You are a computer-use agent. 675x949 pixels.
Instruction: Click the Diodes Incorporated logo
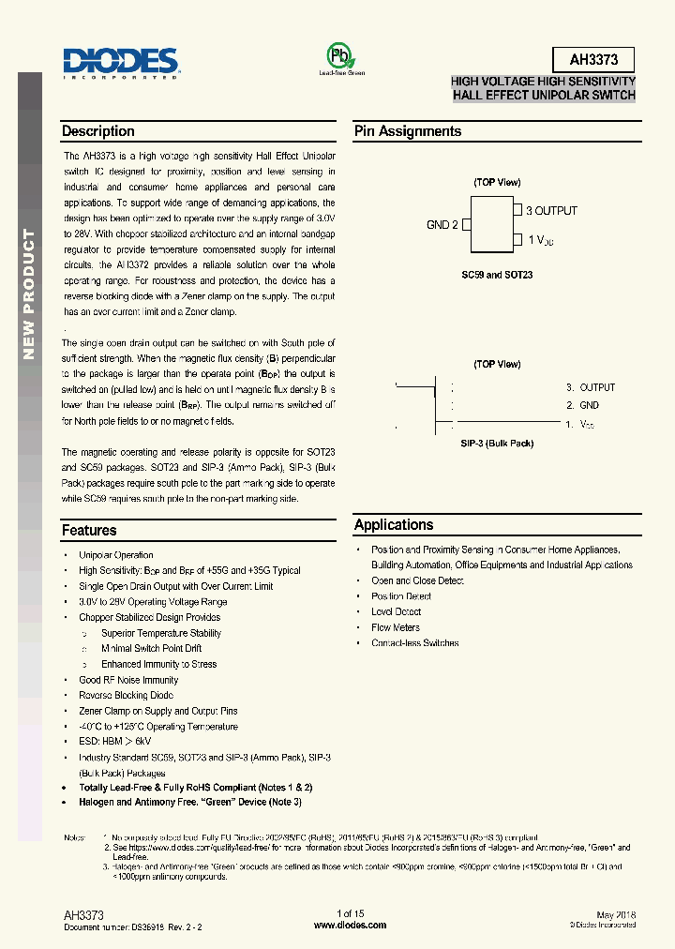pos(120,63)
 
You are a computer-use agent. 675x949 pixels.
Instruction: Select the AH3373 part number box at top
pos(593,60)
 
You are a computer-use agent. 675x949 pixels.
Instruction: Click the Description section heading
pos(98,131)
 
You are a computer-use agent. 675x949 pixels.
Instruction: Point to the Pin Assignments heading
pos(407,131)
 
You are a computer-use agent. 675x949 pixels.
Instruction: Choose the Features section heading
pos(89,531)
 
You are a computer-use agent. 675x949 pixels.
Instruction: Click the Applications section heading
pos(394,525)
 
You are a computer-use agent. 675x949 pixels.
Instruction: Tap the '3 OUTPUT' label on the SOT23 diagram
pos(551,211)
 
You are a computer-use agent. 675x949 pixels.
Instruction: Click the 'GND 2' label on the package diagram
pos(442,225)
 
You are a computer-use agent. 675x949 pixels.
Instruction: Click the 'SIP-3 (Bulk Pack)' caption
pos(497,444)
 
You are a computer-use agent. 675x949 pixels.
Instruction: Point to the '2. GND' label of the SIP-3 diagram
pos(582,405)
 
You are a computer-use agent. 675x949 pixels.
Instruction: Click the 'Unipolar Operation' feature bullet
pos(116,555)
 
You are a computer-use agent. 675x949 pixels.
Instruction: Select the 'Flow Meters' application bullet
pos(396,627)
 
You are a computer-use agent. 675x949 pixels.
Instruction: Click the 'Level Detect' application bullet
pos(397,611)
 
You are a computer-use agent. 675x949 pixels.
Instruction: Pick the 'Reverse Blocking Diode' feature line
pos(126,695)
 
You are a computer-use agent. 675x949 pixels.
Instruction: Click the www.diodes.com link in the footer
pos(350,925)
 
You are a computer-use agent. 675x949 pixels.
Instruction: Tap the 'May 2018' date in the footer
pos(616,913)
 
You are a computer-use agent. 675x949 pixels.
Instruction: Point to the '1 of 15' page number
pos(350,913)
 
